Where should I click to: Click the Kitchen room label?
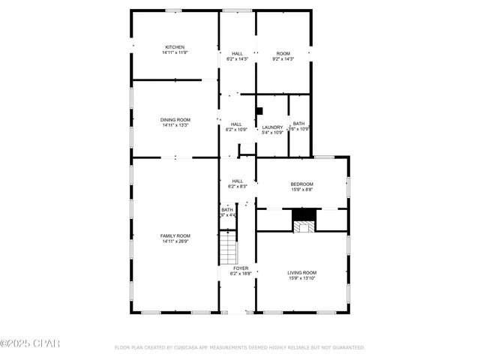click(174, 47)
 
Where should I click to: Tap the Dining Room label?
click(175, 120)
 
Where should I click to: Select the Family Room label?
click(175, 236)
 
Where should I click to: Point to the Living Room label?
click(301, 272)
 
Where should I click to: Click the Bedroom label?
click(301, 184)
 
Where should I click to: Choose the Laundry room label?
click(272, 127)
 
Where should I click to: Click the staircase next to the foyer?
click(227, 247)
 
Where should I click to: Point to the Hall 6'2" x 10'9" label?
click(236, 127)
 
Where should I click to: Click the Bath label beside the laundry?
click(298, 124)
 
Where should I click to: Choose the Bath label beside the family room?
click(226, 210)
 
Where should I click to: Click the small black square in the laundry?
click(259, 109)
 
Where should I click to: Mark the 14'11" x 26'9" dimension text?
click(175, 241)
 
